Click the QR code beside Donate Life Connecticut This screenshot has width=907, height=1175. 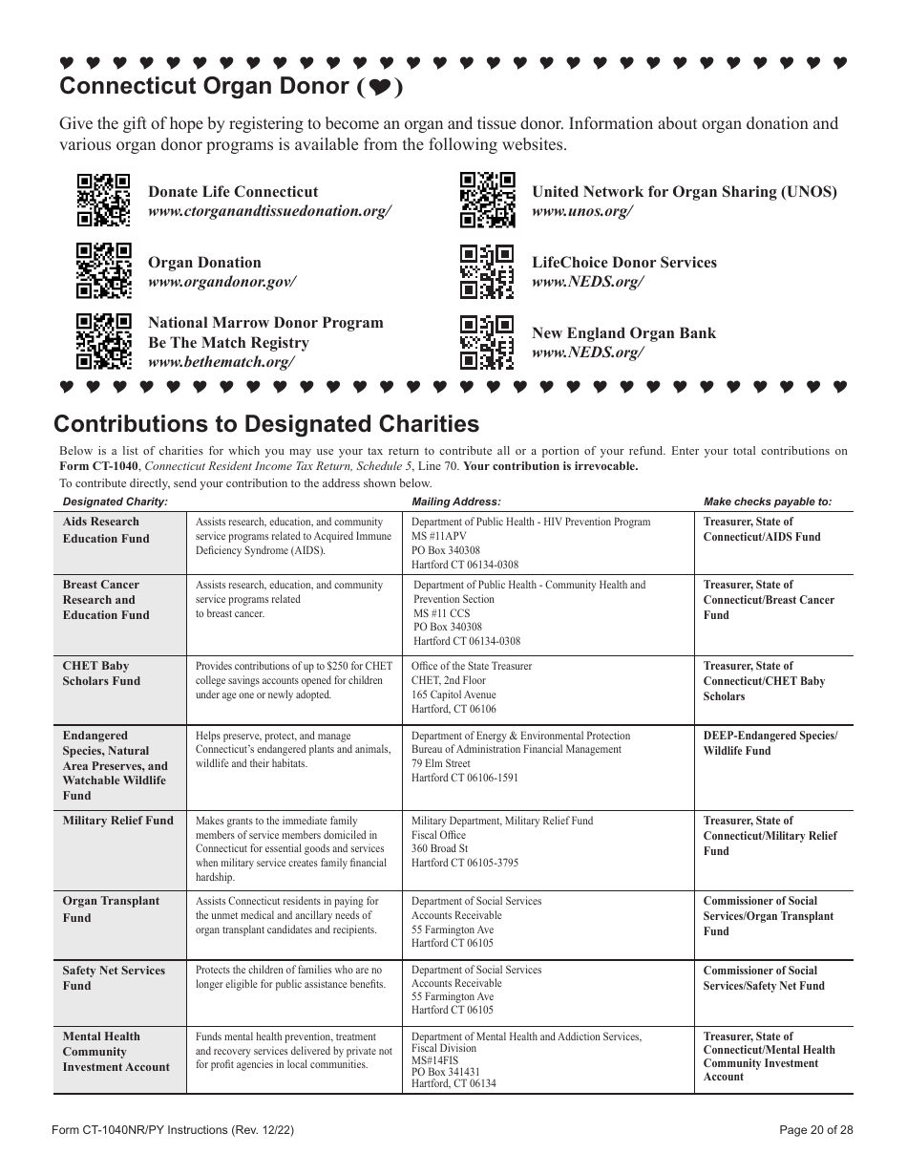pos(103,200)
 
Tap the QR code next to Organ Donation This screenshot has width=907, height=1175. pos(103,271)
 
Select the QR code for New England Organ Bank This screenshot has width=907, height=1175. pos(487,342)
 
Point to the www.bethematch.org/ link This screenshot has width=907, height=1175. pos(221,362)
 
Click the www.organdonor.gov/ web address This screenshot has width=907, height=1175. pos(221,282)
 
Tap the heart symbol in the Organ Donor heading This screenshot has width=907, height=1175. pos(379,88)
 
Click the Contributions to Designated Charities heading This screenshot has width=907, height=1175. pos(266,423)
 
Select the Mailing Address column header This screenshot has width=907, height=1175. pos(455,502)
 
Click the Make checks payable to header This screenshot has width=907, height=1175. pos(768,502)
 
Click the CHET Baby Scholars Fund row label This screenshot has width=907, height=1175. pos(101,673)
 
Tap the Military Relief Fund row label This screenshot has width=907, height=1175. pos(118,821)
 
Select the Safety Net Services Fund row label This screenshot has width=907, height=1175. pos(114,978)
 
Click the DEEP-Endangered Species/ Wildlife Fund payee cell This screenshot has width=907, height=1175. pos(770,743)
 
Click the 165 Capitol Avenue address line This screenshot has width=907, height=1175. pos(453,695)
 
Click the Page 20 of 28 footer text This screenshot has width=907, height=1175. pos(816,1130)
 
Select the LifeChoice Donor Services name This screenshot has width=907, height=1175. pos(623,263)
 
